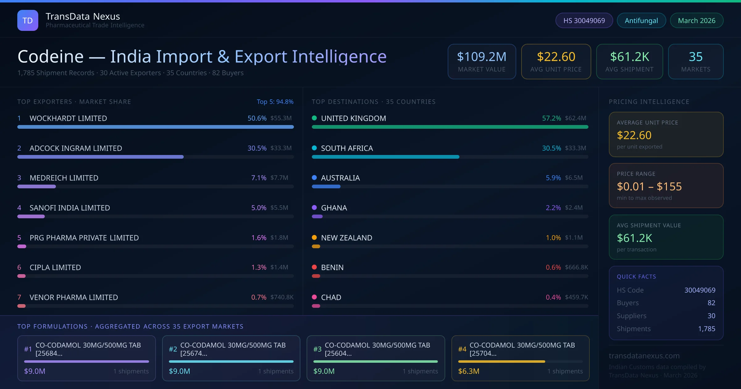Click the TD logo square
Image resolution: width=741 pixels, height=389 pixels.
pyautogui.click(x=28, y=20)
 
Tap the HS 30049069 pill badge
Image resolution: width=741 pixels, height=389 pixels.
pyautogui.click(x=584, y=20)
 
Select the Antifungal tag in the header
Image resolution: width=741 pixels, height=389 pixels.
pyautogui.click(x=641, y=20)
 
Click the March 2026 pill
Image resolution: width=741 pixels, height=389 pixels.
pyautogui.click(x=697, y=20)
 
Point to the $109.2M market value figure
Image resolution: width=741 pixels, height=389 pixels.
pyautogui.click(x=482, y=57)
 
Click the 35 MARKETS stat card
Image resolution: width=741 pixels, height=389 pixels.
pyautogui.click(x=696, y=61)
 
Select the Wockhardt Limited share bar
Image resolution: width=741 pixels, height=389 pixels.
pyautogui.click(x=155, y=127)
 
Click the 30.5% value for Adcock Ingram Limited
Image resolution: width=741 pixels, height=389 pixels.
pyautogui.click(x=257, y=148)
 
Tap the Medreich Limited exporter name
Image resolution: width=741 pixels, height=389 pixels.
pyautogui.click(x=64, y=178)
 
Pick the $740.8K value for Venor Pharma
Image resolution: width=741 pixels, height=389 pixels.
pyautogui.click(x=282, y=297)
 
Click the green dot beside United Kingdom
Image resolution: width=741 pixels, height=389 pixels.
pyautogui.click(x=314, y=118)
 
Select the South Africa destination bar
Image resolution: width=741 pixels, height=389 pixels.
pyautogui.click(x=385, y=157)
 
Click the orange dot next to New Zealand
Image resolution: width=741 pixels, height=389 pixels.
pyautogui.click(x=314, y=237)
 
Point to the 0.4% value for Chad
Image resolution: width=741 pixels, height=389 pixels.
pyautogui.click(x=553, y=297)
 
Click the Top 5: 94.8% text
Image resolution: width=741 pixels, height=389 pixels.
pyautogui.click(x=275, y=102)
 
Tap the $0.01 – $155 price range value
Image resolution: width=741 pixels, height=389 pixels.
pyautogui.click(x=649, y=186)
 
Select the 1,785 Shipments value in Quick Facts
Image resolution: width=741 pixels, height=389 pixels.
pyautogui.click(x=706, y=329)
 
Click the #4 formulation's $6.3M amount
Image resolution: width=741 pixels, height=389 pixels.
pyautogui.click(x=468, y=371)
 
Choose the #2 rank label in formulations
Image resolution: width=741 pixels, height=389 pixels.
pyautogui.click(x=173, y=349)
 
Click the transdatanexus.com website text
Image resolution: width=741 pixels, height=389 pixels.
pyautogui.click(x=644, y=356)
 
